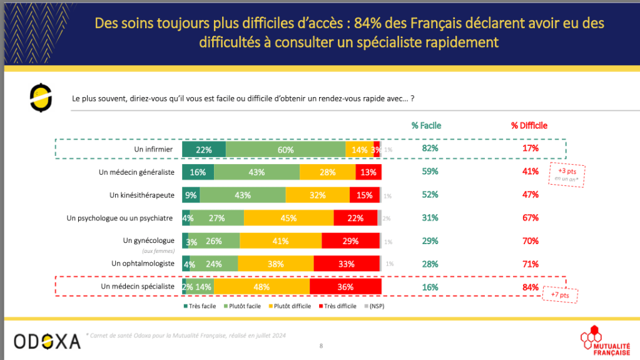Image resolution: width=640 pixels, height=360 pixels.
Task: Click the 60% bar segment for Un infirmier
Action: click(285, 149)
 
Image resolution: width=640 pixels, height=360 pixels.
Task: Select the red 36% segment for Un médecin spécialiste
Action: click(345, 287)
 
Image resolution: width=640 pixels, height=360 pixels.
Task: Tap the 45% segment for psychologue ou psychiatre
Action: click(288, 218)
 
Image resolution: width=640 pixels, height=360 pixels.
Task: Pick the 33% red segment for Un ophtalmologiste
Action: click(347, 264)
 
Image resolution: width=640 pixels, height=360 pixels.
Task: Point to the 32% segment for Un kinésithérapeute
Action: click(317, 195)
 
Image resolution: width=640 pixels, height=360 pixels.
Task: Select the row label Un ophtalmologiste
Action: click(143, 264)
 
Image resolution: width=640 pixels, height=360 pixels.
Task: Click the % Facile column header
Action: click(426, 125)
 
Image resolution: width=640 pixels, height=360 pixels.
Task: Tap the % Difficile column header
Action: click(529, 125)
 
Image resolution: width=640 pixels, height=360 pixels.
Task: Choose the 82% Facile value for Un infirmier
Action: click(430, 148)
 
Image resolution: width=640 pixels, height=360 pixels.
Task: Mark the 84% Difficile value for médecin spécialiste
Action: click(531, 287)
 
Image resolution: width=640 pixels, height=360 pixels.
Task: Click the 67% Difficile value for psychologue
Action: click(531, 217)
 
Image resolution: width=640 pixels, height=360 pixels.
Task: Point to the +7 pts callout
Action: click(559, 295)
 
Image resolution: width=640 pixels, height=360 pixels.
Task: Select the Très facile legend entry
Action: click(198, 306)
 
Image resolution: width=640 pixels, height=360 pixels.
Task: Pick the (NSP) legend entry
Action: click(375, 306)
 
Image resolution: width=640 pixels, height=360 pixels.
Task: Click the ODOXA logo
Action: click(47, 341)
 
